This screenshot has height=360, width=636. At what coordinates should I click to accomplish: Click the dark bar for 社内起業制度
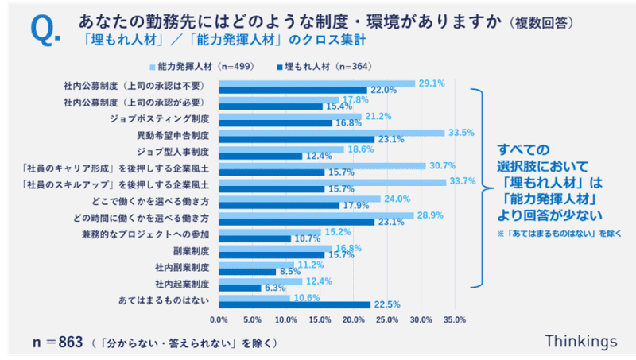pos(239,288)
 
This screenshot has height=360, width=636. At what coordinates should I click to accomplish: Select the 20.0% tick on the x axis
pos(354,319)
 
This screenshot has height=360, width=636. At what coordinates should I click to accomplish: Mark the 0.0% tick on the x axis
pos(219,319)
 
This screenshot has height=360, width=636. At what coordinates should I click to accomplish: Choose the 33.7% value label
pos(463,181)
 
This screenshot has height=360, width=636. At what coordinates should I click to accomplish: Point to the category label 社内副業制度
pos(182,266)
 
